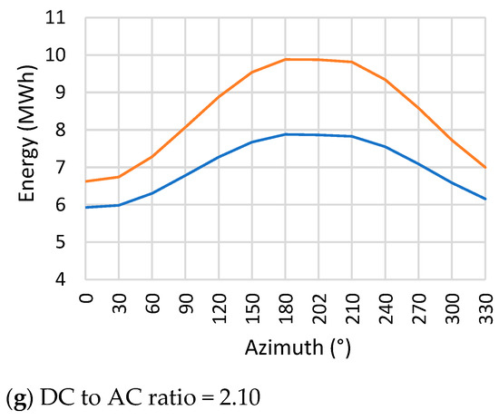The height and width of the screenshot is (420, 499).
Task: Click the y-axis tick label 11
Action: pos(59,17)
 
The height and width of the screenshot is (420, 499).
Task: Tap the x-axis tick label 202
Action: pos(318,304)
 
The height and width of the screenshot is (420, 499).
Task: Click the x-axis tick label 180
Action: pos(285,304)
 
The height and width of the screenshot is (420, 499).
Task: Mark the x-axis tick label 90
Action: pos(186,300)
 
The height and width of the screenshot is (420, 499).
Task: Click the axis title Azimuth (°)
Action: pos(284,347)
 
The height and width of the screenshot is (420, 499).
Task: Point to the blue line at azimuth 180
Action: pos(285,134)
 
